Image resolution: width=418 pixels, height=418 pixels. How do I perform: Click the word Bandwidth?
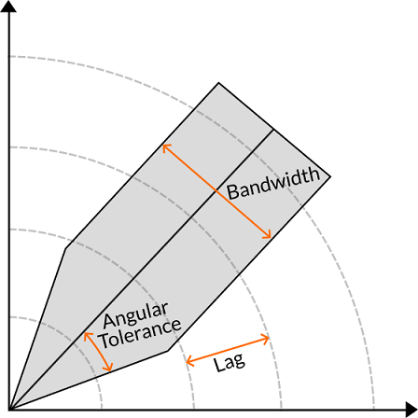(x=273, y=184)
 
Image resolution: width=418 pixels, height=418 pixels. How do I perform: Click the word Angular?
(x=135, y=314)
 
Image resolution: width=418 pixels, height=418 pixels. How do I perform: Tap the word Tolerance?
(x=141, y=334)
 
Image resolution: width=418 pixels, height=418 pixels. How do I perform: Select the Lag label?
(x=230, y=363)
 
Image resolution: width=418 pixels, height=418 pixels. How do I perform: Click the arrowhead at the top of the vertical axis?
(x=8, y=6)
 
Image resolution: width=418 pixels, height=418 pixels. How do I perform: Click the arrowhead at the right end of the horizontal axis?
(x=411, y=409)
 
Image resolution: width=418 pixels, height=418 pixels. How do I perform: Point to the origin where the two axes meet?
(x=9, y=409)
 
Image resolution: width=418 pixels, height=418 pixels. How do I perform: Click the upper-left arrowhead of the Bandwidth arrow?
(x=164, y=146)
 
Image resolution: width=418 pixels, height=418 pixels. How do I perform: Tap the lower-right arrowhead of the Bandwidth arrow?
(x=269, y=237)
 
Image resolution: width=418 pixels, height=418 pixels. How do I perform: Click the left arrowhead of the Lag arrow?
(x=188, y=362)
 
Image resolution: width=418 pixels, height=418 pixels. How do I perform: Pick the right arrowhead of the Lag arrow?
(x=268, y=338)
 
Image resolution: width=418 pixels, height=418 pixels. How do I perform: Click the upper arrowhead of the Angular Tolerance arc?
(x=85, y=334)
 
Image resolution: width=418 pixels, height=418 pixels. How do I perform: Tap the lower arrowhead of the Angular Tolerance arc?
(x=109, y=369)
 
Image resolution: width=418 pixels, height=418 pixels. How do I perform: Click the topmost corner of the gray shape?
(x=218, y=83)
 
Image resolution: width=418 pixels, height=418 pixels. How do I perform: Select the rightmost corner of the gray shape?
(x=330, y=176)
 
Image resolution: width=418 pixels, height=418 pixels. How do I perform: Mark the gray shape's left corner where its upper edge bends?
(x=65, y=249)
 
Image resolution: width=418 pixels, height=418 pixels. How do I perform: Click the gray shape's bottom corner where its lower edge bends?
(x=168, y=351)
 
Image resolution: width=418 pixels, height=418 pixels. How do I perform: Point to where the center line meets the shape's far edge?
(x=273, y=130)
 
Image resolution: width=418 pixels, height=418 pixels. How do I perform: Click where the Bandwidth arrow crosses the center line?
(x=216, y=191)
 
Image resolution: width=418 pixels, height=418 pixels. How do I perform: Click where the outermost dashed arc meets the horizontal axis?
(x=374, y=409)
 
